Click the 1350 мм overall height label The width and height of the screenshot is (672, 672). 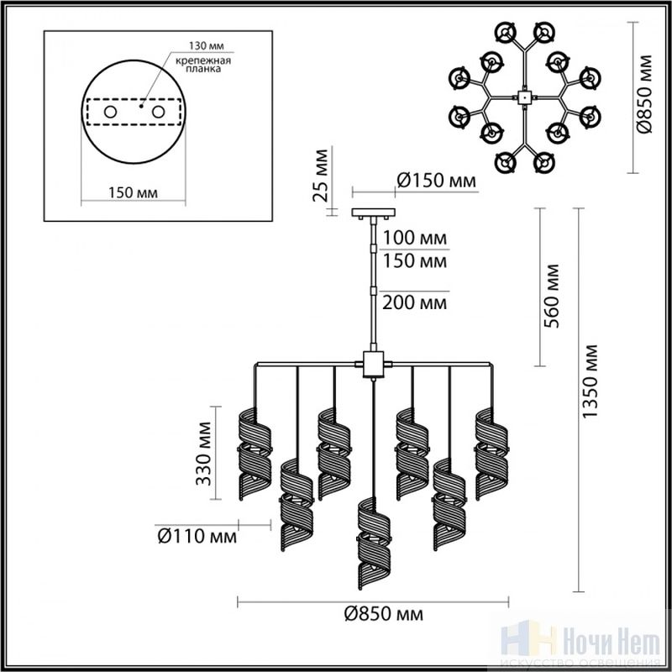pos(590,381)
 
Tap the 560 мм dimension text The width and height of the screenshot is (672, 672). pos(552,296)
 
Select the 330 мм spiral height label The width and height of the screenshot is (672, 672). pos(203,454)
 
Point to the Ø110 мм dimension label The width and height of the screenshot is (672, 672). pos(197,536)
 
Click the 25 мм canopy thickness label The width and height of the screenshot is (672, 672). pos(321,176)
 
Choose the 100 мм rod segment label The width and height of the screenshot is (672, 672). pos(414,238)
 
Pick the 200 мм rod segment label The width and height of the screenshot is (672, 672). pos(414,303)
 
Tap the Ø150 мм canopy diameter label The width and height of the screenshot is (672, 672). pos(436,181)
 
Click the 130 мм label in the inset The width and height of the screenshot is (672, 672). pos(207,45)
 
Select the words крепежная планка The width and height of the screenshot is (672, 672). pos(203,65)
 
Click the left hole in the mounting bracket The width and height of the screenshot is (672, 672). pos(110,113)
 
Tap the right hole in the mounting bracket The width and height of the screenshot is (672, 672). pos(158,113)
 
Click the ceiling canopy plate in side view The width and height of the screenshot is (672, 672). pos(373,213)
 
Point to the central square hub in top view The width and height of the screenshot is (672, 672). pos(524,97)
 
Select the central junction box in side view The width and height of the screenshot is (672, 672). pos(373,365)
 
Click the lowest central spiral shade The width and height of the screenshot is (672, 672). pos(374,543)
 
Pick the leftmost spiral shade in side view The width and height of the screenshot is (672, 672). pos(255,454)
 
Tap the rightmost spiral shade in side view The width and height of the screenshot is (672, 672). pos(491,454)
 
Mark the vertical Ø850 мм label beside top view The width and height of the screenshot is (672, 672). pos(643,94)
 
